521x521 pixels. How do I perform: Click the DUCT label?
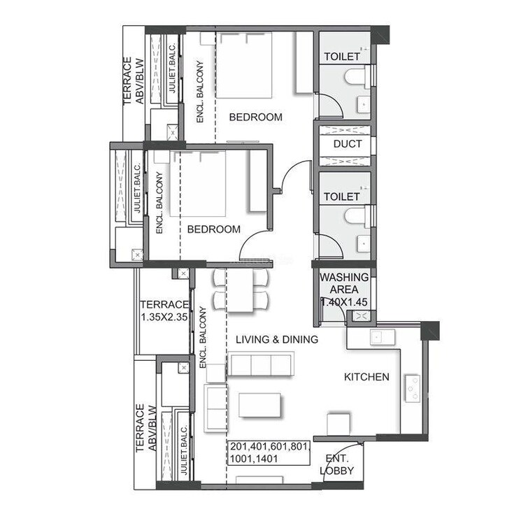click(x=348, y=144)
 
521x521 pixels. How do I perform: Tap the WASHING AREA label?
click(x=344, y=283)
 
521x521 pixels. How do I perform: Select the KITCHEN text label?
click(x=366, y=377)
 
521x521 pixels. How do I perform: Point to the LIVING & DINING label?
click(x=277, y=339)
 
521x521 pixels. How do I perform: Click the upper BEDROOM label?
click(x=256, y=117)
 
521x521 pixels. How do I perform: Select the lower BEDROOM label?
click(x=213, y=229)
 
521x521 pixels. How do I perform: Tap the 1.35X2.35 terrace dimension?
click(x=164, y=315)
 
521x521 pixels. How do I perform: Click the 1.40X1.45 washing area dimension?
click(x=344, y=302)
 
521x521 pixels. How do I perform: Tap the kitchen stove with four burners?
click(x=413, y=388)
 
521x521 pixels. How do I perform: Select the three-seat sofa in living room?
click(x=261, y=364)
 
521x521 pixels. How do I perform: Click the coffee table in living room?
click(x=259, y=405)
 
